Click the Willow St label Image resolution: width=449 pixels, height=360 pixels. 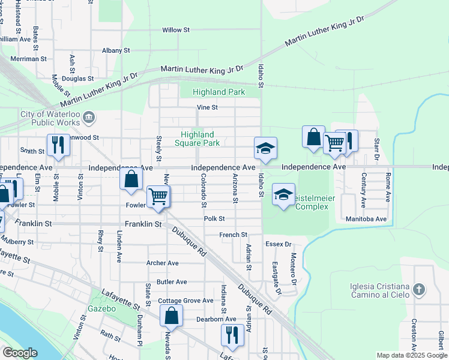[176, 29]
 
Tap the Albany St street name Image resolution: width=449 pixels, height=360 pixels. [116, 51]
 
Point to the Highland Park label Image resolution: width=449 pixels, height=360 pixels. [218, 92]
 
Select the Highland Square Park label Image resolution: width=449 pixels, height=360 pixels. [197, 139]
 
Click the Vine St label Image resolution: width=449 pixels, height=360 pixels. [207, 107]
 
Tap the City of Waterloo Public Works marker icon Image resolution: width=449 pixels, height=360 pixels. [89, 116]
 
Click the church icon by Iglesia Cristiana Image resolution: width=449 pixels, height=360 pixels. [419, 290]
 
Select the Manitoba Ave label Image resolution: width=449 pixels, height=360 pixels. [366, 219]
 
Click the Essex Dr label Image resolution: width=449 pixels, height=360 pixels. [279, 244]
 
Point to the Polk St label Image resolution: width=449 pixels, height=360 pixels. [214, 219]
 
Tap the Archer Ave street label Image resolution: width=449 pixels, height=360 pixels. [163, 263]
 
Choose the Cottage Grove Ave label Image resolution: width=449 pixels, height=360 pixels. [185, 301]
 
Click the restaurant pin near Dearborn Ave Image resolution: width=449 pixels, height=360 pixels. [232, 335]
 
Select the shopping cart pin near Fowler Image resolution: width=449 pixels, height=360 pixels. [158, 196]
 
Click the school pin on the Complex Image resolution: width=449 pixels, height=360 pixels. [284, 194]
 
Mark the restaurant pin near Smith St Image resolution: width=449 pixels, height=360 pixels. [58, 145]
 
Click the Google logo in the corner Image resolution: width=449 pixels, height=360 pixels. [20, 353]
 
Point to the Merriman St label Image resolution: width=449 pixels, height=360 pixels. [28, 59]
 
